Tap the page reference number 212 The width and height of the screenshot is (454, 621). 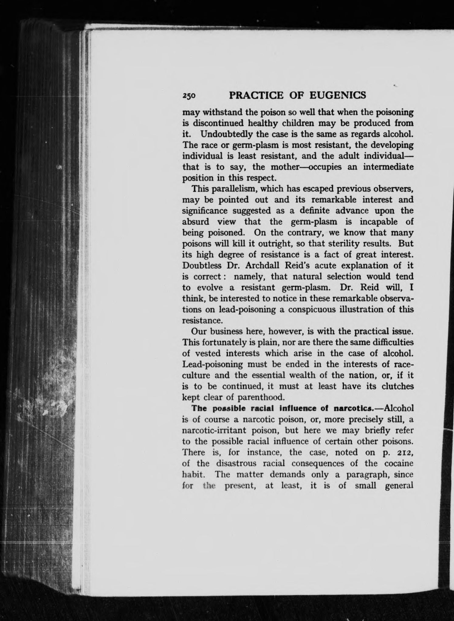(x=405, y=452)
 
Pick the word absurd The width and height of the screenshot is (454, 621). (x=196, y=222)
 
